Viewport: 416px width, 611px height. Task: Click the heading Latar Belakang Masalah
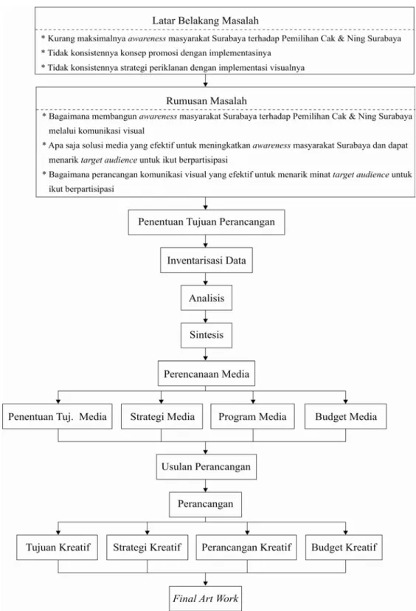tap(205, 21)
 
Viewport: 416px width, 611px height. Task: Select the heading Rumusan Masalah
tap(207, 101)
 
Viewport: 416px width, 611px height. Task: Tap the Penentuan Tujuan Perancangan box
tap(207, 222)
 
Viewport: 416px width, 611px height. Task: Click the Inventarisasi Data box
tap(207, 260)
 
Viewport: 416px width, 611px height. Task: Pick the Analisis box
tap(207, 298)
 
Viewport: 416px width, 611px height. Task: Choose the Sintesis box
tap(207, 335)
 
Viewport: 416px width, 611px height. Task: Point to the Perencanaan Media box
tap(207, 373)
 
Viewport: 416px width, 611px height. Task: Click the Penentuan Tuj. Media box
tap(58, 416)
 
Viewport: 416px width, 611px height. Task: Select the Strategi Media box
tap(162, 416)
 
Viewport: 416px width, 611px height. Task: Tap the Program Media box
tap(252, 416)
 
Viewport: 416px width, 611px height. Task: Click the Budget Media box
tap(346, 416)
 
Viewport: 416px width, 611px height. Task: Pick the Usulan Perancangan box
tap(207, 467)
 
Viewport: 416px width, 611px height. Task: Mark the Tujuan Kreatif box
tap(58, 548)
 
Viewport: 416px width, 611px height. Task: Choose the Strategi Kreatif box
tap(148, 548)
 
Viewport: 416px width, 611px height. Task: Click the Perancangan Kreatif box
tap(246, 548)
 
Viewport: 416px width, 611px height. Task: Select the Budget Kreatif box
tap(344, 548)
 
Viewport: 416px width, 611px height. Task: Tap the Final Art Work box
tap(206, 598)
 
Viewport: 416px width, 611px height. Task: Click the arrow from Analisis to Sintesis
tap(206, 317)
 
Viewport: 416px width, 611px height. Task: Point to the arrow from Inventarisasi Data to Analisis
tap(206, 279)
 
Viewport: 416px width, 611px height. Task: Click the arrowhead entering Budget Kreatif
tap(345, 532)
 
